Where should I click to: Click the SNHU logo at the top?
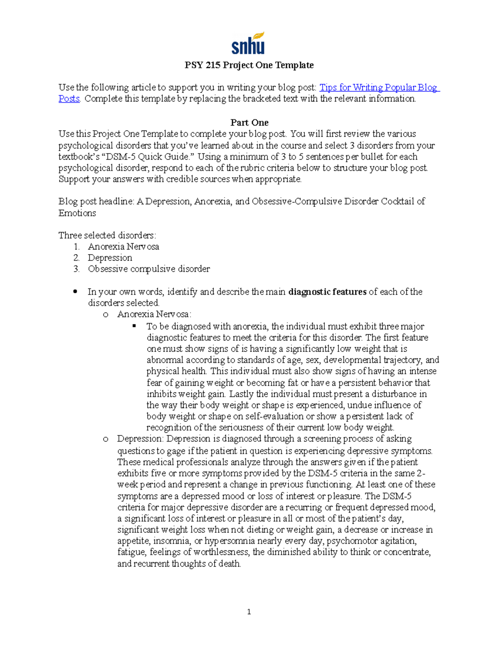(248, 43)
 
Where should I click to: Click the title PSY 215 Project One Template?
(249, 65)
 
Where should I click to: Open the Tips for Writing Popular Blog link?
(378, 88)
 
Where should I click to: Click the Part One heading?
(249, 123)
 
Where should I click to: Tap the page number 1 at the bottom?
(249, 611)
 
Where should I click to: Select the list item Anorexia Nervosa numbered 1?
(123, 247)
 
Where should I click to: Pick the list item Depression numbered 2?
(110, 258)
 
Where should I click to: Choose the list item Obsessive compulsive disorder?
(148, 269)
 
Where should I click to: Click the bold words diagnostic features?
(327, 292)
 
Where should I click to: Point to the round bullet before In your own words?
(75, 292)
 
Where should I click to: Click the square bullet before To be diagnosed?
(134, 326)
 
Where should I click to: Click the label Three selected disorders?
(107, 235)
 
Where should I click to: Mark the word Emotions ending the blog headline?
(77, 213)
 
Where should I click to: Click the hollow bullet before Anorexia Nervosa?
(106, 315)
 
